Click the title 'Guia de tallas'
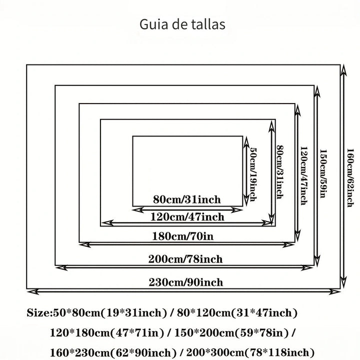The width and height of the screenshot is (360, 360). pyautogui.click(x=182, y=24)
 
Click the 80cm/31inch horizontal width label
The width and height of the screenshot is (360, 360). pyautogui.click(x=187, y=199)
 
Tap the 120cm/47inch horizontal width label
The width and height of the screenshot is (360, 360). pyautogui.click(x=187, y=216)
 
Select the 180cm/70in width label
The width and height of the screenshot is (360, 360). pyautogui.click(x=183, y=236)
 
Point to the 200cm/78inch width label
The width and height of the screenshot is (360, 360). pyautogui.click(x=185, y=259)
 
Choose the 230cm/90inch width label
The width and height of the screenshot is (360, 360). pyautogui.click(x=186, y=282)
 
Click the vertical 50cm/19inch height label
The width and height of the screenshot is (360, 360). pyautogui.click(x=253, y=174)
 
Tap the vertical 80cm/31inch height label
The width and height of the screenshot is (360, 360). pyautogui.click(x=280, y=172)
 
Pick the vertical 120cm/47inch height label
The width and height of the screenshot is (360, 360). pyautogui.click(x=304, y=175)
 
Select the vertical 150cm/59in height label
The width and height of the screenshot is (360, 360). pyautogui.click(x=323, y=173)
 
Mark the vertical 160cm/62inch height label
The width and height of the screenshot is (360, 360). pyautogui.click(x=350, y=178)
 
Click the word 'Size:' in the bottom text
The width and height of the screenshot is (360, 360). pyautogui.click(x=39, y=312)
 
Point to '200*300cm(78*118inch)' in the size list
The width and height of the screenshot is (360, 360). pyautogui.click(x=250, y=352)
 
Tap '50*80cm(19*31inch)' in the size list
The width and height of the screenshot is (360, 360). pyautogui.click(x=110, y=312)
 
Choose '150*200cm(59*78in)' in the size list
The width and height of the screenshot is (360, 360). pyautogui.click(x=231, y=332)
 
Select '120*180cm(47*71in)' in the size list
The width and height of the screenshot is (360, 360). pyautogui.click(x=107, y=332)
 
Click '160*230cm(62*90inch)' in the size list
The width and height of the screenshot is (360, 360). pyautogui.click(x=113, y=352)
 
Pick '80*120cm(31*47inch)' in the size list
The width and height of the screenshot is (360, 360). pyautogui.click(x=237, y=312)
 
